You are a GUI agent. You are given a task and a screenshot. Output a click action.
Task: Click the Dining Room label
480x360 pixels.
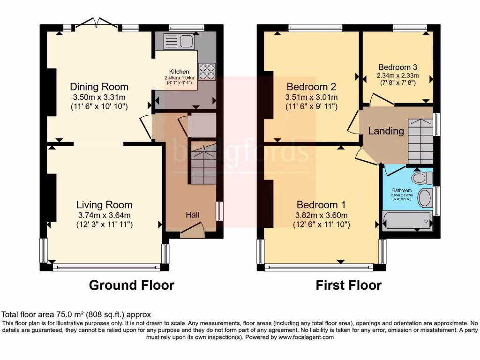[99, 87]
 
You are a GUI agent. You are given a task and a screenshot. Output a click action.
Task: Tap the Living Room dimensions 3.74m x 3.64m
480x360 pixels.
[104, 215]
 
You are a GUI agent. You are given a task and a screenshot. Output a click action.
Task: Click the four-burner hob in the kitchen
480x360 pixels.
[207, 71]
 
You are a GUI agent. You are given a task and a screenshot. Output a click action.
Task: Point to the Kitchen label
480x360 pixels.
[179, 71]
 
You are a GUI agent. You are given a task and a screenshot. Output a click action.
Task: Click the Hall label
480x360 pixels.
[192, 215]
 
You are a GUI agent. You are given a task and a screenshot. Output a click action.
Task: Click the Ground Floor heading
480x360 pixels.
[132, 285]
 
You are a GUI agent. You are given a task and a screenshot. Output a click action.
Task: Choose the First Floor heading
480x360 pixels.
[348, 285]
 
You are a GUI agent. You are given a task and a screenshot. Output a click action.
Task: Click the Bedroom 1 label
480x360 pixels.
[321, 205]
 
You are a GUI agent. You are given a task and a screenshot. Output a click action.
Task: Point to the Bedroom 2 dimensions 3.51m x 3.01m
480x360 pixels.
[311, 97]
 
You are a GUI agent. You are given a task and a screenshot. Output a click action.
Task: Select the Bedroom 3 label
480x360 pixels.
[397, 67]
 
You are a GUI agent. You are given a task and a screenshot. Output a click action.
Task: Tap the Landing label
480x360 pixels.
[386, 131]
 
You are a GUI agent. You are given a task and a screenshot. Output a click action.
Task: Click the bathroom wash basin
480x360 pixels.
[425, 198]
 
